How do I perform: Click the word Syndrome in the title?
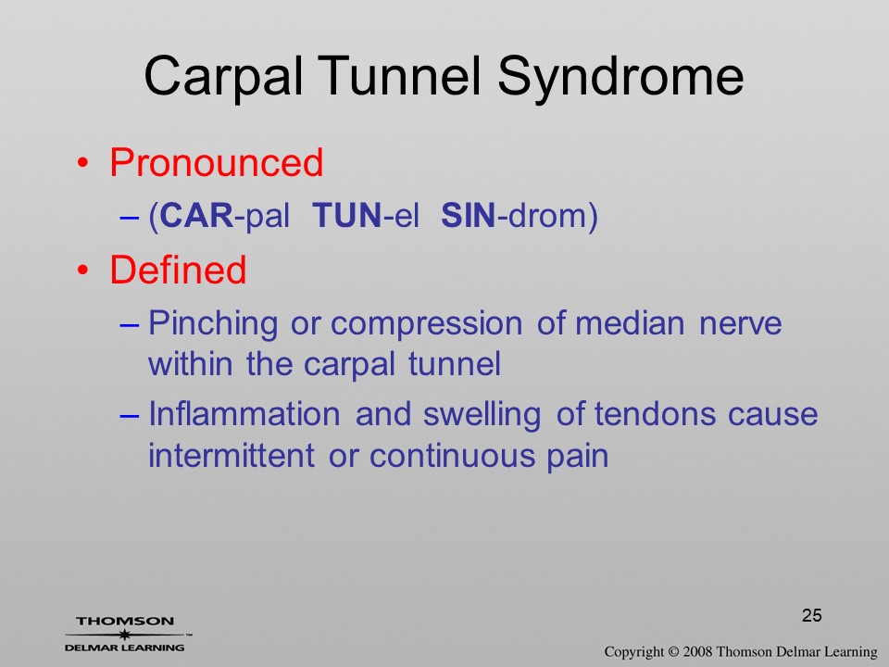point(620,78)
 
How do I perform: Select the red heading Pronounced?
point(216,162)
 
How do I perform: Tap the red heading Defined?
point(178,270)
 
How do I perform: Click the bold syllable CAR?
point(196,216)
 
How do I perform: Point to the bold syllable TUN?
point(347,216)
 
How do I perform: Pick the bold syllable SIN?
point(469,216)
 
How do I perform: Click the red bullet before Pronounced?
point(82,163)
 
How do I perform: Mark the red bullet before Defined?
point(82,271)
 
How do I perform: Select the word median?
point(630,323)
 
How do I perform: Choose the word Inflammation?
point(244,413)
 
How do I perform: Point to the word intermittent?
point(232,455)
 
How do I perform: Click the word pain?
point(578,457)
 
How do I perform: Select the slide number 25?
point(812,615)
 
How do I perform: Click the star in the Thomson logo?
point(124,635)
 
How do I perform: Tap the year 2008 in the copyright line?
point(697,651)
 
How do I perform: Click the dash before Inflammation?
point(129,415)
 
